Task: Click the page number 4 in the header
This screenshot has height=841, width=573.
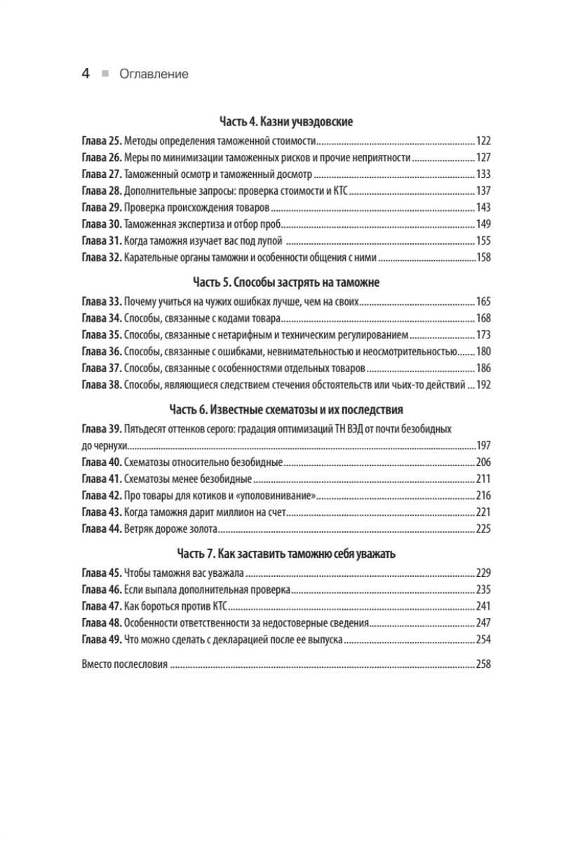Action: pos(85,74)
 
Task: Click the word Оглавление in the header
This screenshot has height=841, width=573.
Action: pos(154,74)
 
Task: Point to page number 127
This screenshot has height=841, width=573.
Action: pos(483,157)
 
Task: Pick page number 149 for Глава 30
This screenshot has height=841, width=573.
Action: pos(483,224)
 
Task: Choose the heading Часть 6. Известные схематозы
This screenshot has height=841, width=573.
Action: pos(286,409)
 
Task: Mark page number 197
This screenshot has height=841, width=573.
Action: pos(483,445)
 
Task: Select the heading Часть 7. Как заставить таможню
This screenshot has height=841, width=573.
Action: pos(286,554)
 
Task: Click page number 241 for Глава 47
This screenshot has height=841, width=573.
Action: pos(483,606)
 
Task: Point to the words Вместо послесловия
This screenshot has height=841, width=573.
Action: pos(124,663)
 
